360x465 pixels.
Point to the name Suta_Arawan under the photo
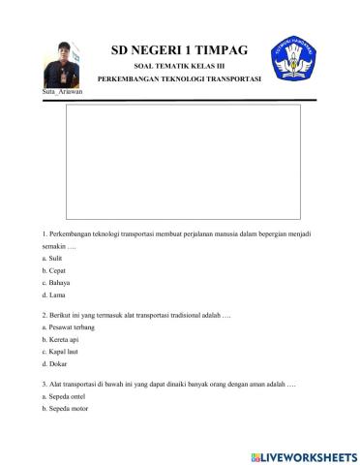pyautogui.click(x=63, y=91)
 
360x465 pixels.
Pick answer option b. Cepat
pyautogui.click(x=53, y=272)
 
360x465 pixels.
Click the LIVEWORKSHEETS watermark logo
pyautogui.click(x=302, y=455)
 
